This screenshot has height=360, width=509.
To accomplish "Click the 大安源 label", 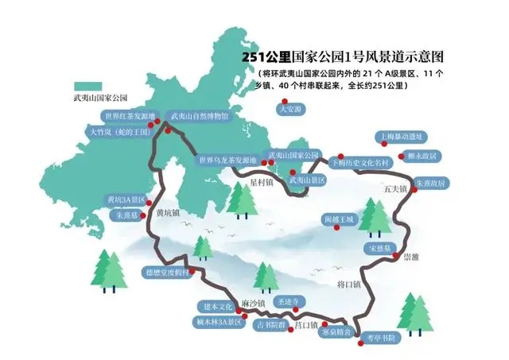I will (x=289, y=109).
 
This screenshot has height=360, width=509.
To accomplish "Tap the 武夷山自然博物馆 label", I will (x=200, y=116).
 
